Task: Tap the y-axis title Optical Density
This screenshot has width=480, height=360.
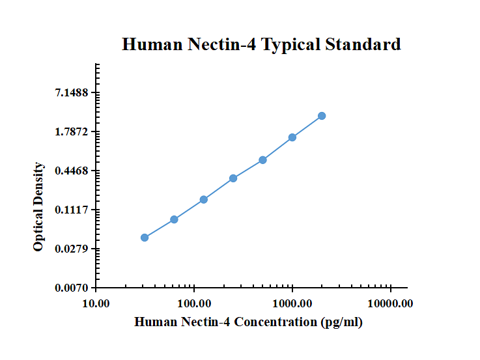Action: click(x=39, y=207)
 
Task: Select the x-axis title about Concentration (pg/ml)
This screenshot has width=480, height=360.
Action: click(x=248, y=322)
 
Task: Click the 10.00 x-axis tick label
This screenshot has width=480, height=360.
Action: click(x=96, y=304)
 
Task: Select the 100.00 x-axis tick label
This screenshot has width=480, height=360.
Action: click(x=194, y=304)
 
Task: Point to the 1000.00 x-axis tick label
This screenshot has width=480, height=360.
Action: click(x=292, y=304)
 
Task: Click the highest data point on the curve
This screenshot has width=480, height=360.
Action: click(x=322, y=116)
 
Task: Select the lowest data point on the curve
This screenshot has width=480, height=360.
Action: click(x=145, y=238)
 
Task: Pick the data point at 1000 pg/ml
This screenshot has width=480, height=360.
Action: click(x=292, y=137)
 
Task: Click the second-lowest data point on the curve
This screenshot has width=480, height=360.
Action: click(x=174, y=219)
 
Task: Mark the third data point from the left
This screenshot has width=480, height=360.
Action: click(x=204, y=199)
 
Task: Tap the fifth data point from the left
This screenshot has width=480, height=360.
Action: click(x=262, y=159)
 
